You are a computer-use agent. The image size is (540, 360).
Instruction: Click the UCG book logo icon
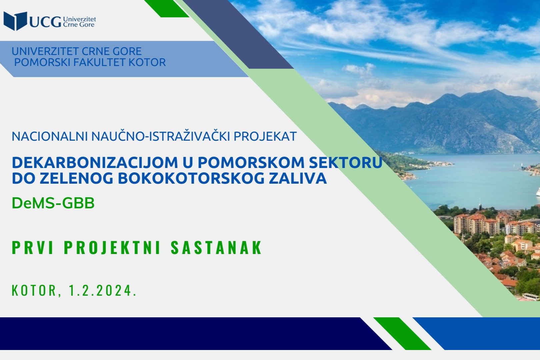[x=15, y=21]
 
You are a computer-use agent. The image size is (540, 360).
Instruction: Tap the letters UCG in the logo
[x=45, y=22]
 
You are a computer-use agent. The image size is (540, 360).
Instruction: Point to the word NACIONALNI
[x=50, y=136]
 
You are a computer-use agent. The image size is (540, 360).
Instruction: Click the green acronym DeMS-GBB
[x=53, y=203]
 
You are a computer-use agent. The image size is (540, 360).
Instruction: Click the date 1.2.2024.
[x=103, y=291]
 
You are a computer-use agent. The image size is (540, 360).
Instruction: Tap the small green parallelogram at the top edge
[x=167, y=8]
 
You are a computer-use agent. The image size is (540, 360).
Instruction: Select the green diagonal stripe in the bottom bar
[x=402, y=333]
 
